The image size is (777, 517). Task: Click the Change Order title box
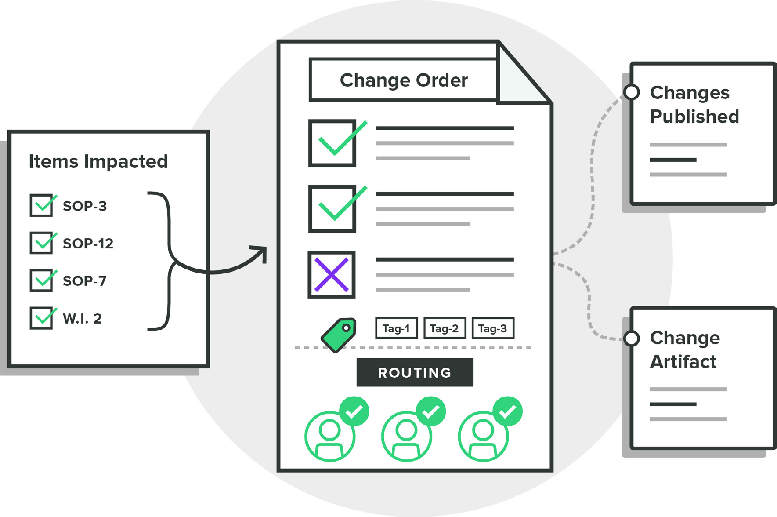click(x=403, y=80)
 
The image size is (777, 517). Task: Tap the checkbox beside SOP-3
click(x=41, y=205)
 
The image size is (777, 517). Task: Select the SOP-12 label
click(x=88, y=243)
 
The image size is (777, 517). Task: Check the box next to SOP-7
click(x=41, y=280)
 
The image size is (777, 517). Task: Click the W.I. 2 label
click(x=82, y=318)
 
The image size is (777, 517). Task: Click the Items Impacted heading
click(x=98, y=161)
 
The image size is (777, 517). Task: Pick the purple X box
click(x=332, y=275)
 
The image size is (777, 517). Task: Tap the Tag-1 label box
click(x=396, y=328)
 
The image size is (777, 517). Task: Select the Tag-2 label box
click(x=444, y=328)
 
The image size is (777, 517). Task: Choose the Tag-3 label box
click(x=492, y=328)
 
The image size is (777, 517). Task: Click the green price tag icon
click(x=339, y=335)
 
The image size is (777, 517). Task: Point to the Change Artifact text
click(x=684, y=350)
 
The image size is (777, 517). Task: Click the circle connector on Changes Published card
click(x=632, y=92)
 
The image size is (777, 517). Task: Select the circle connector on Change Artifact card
click(x=632, y=338)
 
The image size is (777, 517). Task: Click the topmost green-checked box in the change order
click(x=332, y=143)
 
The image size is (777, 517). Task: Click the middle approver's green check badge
click(x=431, y=411)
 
